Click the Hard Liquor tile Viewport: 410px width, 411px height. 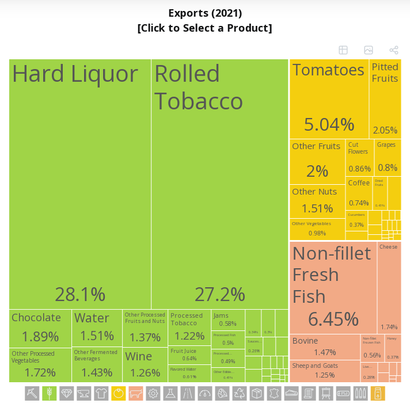tap(80, 184)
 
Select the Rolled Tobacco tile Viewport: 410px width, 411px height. tap(220, 184)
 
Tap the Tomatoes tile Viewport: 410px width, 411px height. tap(328, 98)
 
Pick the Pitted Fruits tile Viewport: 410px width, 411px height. tap(385, 98)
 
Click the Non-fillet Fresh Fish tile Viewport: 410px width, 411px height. tap(333, 287)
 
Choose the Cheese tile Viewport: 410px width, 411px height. tap(389, 287)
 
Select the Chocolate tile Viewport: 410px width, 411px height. tap(40, 328)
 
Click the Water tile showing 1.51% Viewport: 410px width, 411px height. tap(97, 328)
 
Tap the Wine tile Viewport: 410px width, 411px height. tap(145, 364)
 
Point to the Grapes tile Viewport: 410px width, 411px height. tap(387, 157)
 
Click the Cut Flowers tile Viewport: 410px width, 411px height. tap(359, 157)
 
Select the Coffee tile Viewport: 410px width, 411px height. tap(359, 193)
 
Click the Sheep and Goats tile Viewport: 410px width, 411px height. tap(325, 371)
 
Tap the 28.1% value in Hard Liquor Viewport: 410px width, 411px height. tap(80, 294)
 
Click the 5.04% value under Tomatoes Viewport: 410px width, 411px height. tap(329, 124)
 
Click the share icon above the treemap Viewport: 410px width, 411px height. tap(394, 50)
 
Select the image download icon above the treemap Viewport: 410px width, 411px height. tap(369, 50)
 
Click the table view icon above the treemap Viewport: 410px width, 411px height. tap(343, 50)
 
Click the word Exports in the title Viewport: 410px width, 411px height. tap(189, 13)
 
